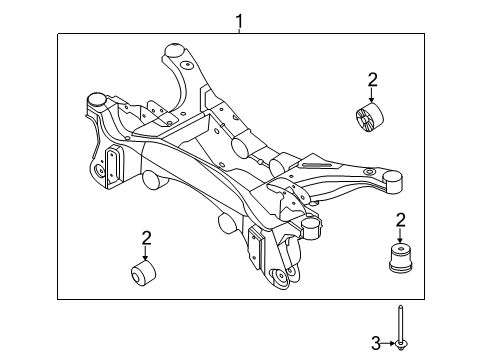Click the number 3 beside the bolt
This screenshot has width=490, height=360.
[377, 344]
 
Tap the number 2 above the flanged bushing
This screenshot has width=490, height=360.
[401, 219]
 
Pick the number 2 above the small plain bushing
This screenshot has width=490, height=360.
[146, 237]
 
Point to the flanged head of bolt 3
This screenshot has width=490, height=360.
[400, 345]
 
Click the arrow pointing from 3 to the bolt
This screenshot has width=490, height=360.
[388, 344]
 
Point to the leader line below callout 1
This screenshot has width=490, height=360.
[239, 29]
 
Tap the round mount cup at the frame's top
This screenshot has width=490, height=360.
[173, 50]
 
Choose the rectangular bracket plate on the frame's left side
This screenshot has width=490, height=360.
[113, 163]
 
